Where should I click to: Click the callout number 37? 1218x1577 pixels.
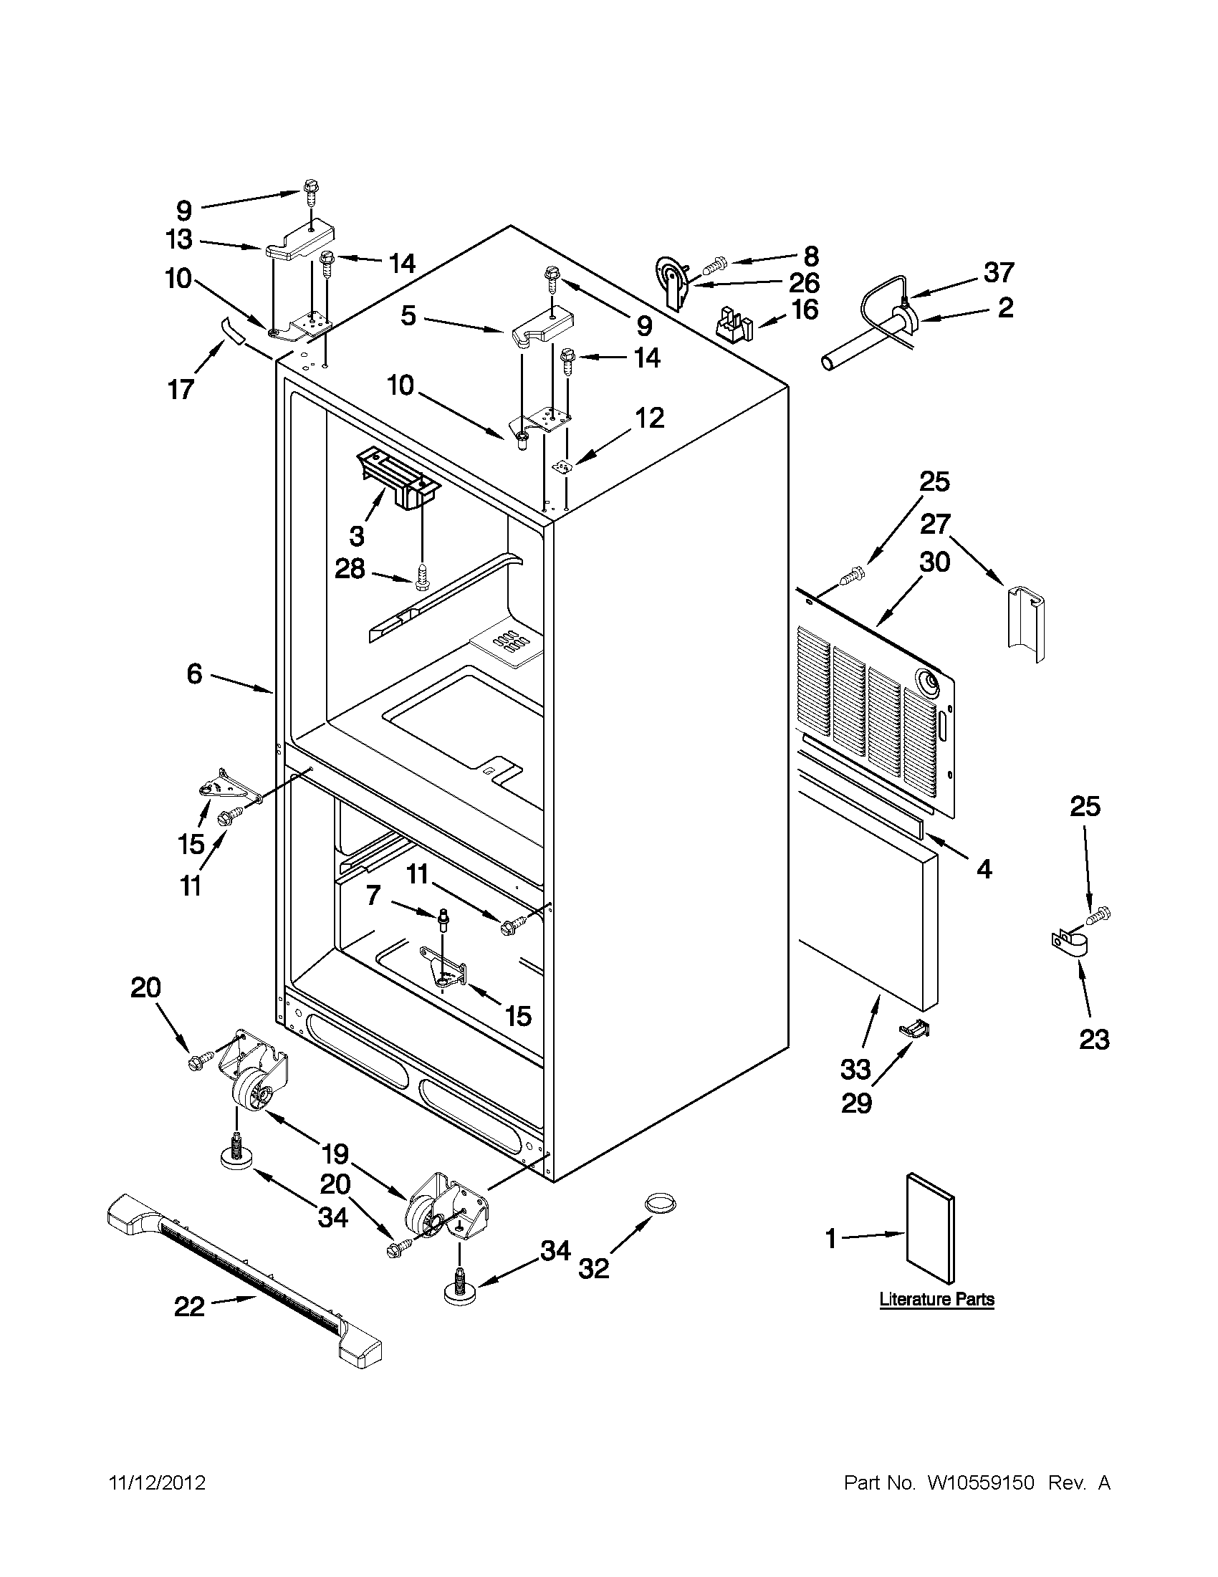[999, 273]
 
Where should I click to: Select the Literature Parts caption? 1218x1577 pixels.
[936, 1299]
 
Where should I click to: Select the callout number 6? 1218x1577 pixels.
[195, 674]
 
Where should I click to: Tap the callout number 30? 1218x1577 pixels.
[934, 561]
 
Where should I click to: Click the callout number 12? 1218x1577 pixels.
[649, 417]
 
